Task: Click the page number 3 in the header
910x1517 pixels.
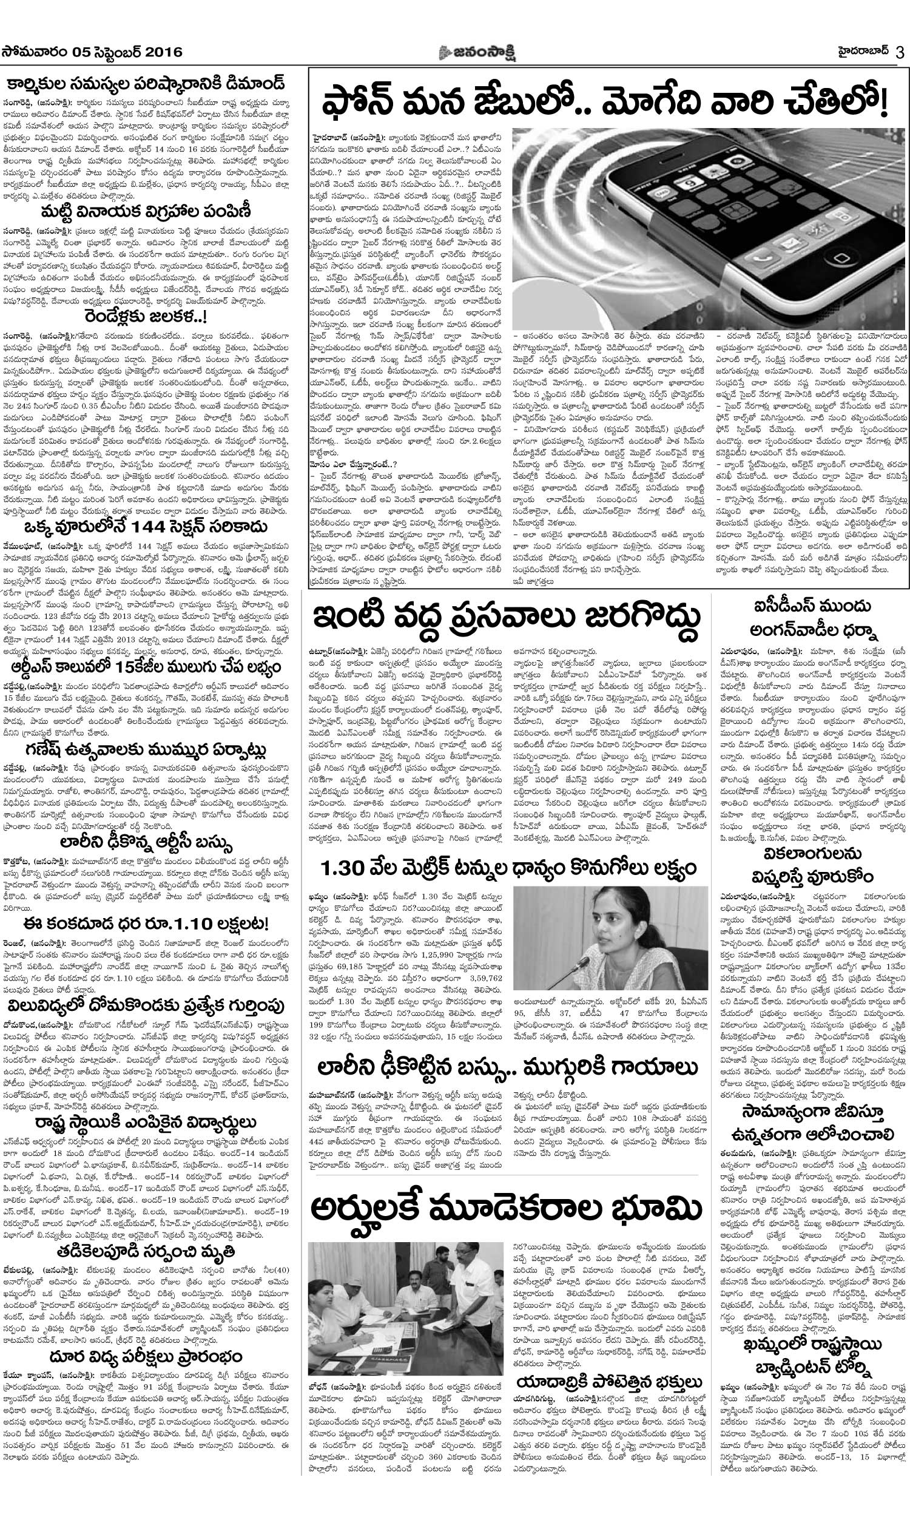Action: [900, 53]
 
